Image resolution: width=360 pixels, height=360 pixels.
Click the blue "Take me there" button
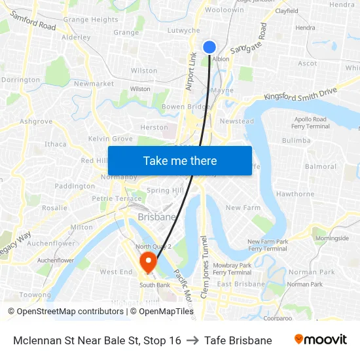pos(180,160)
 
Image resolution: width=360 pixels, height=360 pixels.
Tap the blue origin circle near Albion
pos(209,46)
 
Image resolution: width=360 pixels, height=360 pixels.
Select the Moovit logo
pos(320,340)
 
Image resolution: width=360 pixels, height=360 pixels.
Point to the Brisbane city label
pos(157,217)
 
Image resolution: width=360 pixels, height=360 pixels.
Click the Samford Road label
pos(33,21)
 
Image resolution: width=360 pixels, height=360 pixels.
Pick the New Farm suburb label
pos(243,207)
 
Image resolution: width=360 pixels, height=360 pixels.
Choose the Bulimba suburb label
pos(296,140)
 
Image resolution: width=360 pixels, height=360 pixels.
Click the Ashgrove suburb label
pos(36,121)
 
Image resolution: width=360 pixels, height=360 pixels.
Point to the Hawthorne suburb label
pos(295,194)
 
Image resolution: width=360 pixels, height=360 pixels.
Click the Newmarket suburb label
pos(90,84)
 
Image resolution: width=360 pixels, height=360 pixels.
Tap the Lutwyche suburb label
pos(184,30)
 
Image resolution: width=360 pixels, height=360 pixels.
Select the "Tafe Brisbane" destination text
pos(238,340)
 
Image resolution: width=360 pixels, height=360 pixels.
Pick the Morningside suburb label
pos(332,238)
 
